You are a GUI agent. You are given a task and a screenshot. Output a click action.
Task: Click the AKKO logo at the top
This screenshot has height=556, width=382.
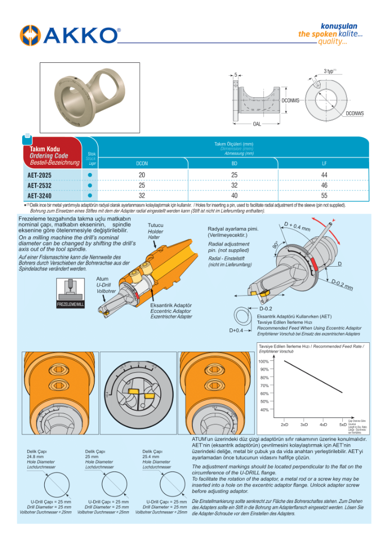coord(70,35)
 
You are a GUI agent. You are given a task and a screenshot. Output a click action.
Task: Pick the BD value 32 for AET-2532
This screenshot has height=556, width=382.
coord(234,185)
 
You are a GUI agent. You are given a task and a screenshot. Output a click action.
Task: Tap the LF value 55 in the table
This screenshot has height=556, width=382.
coord(324,196)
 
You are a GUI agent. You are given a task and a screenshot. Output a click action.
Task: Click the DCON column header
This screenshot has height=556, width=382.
coord(142,163)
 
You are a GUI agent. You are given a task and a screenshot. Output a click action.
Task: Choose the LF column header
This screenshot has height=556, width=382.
coord(324,163)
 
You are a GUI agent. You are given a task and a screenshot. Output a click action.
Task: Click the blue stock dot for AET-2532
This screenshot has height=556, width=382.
coord(90,185)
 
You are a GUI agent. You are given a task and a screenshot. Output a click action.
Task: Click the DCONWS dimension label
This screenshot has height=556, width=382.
coord(355,113)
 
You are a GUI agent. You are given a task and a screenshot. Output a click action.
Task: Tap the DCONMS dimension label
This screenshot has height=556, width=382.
coord(290,100)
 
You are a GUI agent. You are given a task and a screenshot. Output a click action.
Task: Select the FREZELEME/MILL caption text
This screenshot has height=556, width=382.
coord(70,305)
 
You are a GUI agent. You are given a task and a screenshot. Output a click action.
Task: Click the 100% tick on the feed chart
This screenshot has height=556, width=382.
coord(263,361)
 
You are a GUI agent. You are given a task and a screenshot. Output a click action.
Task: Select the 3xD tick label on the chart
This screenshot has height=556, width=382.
coord(304,425)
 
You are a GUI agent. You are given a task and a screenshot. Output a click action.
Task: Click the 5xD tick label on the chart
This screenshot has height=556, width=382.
coord(342,425)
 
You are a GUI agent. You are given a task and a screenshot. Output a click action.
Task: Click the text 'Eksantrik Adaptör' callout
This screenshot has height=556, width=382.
coord(171,305)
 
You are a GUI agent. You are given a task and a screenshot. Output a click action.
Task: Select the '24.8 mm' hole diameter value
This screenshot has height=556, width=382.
coord(36,457)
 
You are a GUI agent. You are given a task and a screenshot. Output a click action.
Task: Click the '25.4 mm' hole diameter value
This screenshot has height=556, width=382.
coord(151,457)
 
